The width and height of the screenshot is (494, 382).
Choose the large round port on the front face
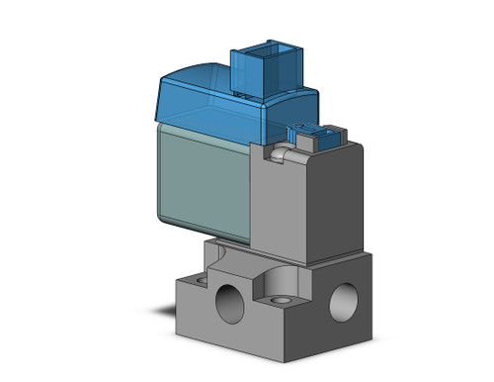click(x=229, y=302)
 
